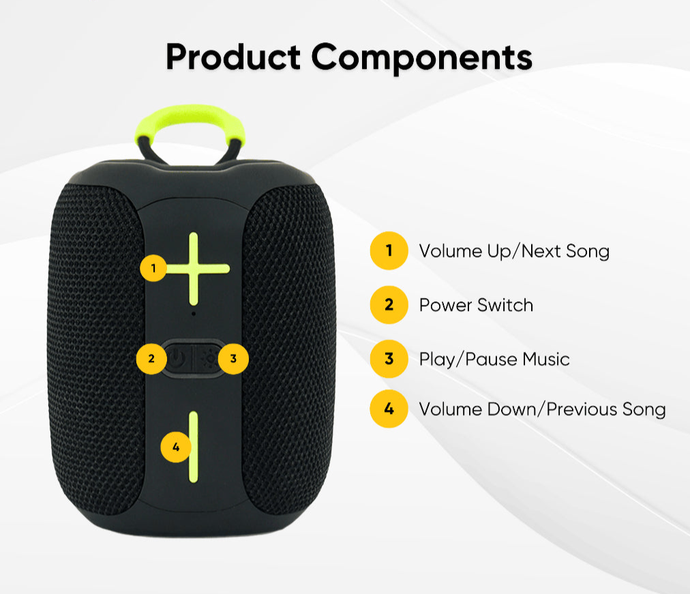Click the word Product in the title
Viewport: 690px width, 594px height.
click(x=233, y=57)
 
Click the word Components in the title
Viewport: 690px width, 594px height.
click(x=422, y=57)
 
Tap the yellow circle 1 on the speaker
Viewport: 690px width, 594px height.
click(x=153, y=267)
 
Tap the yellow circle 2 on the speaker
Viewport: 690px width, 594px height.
click(x=151, y=359)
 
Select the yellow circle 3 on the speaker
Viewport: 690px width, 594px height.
click(x=233, y=359)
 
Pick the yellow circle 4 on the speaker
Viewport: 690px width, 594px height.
click(x=176, y=447)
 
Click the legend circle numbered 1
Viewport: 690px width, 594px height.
click(x=389, y=250)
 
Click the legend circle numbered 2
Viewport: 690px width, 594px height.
click(x=389, y=304)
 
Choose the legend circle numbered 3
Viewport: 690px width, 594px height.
click(x=389, y=359)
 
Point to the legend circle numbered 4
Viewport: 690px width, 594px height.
click(x=389, y=409)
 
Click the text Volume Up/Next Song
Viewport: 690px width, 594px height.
click(x=514, y=251)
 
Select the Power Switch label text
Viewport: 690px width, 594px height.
click(x=476, y=305)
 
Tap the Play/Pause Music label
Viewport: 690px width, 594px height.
click(x=494, y=359)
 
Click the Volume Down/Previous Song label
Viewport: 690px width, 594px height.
click(x=542, y=409)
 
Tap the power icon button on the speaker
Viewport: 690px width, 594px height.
click(x=178, y=359)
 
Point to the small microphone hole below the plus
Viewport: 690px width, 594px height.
click(x=194, y=314)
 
